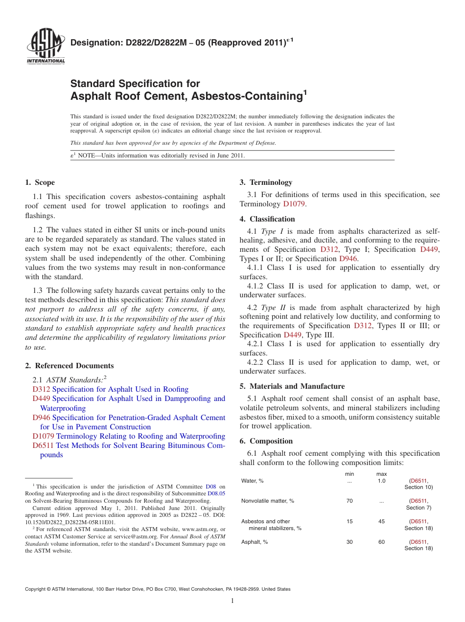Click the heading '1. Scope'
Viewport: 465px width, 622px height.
click(x=40, y=182)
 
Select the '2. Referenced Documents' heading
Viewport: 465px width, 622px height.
click(x=70, y=366)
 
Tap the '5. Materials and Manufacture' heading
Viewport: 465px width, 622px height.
click(x=292, y=386)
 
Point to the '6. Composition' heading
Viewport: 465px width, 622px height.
click(x=266, y=441)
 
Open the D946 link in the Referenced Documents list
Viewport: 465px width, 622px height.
click(x=41, y=418)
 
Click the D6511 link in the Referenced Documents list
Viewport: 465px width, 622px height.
click(x=43, y=445)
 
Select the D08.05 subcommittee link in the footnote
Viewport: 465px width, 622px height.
click(x=216, y=494)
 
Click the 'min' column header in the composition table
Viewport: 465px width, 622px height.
click(x=349, y=474)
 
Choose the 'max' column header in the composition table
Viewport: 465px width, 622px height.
click(x=381, y=474)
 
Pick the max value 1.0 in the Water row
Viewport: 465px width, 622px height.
click(x=381, y=481)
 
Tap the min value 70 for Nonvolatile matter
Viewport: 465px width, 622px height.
click(x=349, y=501)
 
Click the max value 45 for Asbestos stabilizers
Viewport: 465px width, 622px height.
click(x=381, y=521)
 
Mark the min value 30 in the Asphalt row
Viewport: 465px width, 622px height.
click(x=349, y=542)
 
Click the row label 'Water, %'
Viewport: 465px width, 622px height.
click(x=253, y=481)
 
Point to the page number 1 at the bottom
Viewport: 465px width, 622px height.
click(x=232, y=600)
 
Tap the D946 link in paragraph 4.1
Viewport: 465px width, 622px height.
click(x=348, y=259)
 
